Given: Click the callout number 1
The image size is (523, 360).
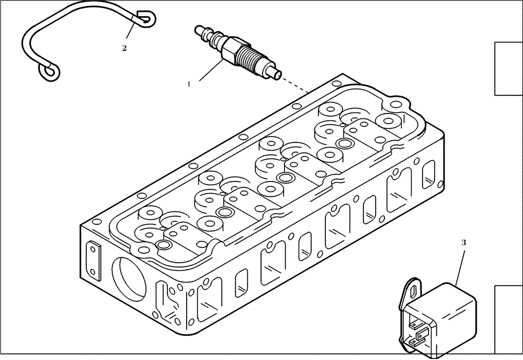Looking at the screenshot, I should point(189,83).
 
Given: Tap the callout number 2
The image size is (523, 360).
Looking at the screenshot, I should point(124,48).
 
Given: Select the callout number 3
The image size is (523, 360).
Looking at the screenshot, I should point(463,243).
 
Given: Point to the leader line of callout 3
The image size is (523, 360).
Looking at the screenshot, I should point(460,266).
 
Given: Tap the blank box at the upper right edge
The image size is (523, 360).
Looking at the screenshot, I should point(508,69).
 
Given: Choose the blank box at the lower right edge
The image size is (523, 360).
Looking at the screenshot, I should point(508,321).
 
